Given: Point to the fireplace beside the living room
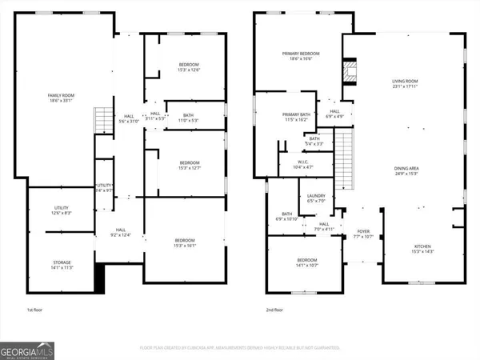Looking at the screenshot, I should [350, 70].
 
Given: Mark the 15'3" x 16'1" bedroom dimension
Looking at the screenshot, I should [186, 245].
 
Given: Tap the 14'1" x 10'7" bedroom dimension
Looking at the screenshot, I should [307, 266].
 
